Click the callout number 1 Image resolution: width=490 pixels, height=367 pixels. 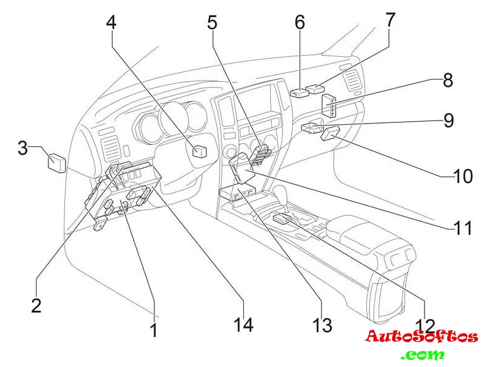(154, 330)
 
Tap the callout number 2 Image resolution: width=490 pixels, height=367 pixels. (36, 305)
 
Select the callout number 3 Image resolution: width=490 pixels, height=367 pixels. (23, 148)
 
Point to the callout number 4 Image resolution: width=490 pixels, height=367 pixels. (111, 23)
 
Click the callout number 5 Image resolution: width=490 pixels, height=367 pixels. (212, 23)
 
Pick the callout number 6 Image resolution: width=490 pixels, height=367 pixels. (300, 23)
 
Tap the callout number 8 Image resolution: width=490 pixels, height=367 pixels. (448, 80)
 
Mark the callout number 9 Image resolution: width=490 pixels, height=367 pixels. (449, 120)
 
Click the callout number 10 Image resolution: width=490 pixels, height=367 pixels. (463, 177)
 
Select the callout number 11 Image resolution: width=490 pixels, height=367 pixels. (463, 228)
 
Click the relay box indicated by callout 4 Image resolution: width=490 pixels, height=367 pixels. (200, 151)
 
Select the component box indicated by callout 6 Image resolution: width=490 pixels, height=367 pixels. (300, 94)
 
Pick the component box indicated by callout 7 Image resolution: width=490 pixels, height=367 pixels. (315, 89)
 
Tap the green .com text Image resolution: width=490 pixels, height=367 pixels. (423, 354)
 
